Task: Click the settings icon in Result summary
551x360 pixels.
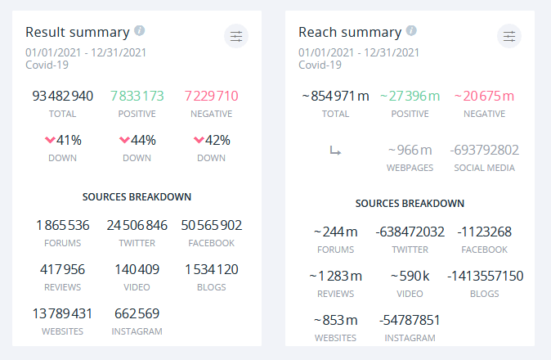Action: coord(235,36)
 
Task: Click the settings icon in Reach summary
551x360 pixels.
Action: coord(508,36)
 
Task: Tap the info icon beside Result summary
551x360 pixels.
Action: coord(140,30)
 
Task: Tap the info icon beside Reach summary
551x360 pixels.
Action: coord(411,30)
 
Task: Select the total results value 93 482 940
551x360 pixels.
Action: coord(63,96)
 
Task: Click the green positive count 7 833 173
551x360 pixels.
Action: coord(137,96)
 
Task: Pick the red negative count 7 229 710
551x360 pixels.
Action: coord(212,96)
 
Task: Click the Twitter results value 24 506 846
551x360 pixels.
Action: coord(137,225)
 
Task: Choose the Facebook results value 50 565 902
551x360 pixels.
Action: coord(212,225)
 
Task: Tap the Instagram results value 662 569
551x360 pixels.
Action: coord(137,313)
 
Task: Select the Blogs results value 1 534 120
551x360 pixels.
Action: coord(212,269)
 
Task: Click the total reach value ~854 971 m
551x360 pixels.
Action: coord(335,96)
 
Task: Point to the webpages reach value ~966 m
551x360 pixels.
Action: coord(410,150)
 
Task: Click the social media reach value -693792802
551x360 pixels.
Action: coord(484,150)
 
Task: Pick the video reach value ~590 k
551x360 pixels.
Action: coord(410,276)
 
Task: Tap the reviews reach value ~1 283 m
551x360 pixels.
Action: coord(335,276)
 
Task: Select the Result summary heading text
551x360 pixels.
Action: coord(77,32)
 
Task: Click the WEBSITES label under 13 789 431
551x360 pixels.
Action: coord(63,331)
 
